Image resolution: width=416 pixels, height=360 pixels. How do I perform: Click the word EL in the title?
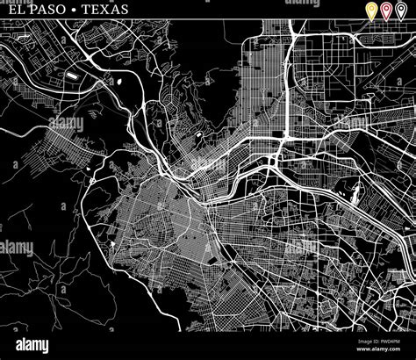[10, 9]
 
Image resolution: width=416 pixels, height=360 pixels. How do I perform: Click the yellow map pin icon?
[371, 11]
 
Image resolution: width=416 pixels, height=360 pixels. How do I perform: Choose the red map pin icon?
[386, 11]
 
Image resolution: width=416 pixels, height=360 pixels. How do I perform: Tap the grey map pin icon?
[401, 11]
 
